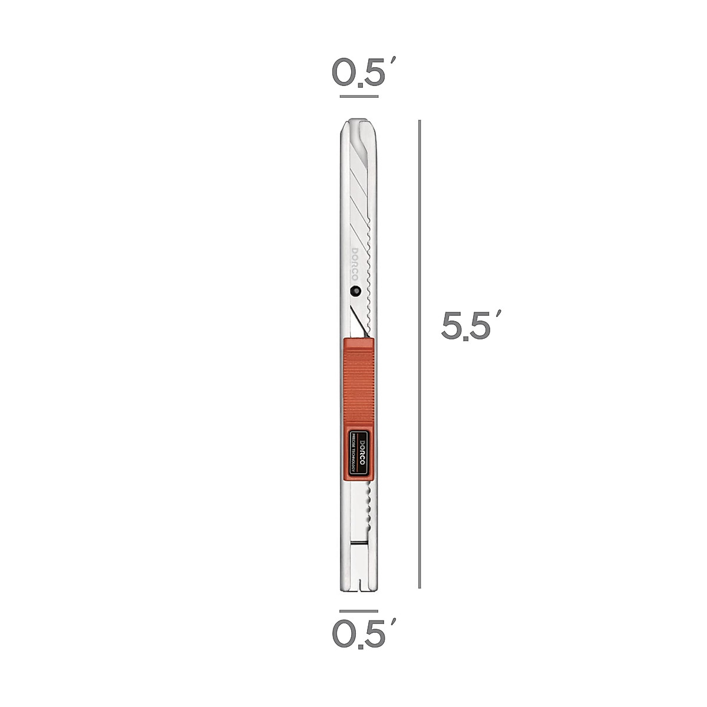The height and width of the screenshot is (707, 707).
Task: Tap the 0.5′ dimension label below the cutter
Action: click(359, 634)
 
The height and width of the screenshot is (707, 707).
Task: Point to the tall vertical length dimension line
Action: click(419, 353)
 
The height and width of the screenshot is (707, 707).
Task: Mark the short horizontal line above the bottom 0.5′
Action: click(359, 611)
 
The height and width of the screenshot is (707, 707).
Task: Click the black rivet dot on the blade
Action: click(355, 290)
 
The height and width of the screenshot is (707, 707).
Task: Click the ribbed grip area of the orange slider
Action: click(358, 383)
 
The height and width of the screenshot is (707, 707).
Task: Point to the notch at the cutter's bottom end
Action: click(358, 586)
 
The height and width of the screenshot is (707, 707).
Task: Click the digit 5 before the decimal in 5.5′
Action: click(452, 326)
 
